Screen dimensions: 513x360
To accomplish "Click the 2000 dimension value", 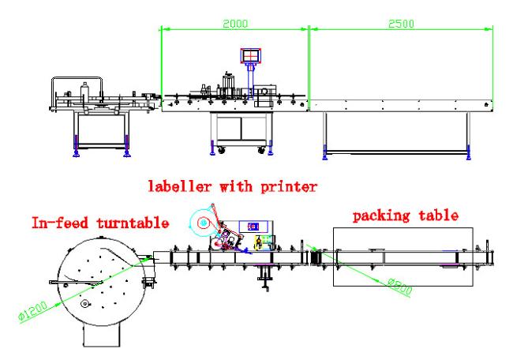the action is click(235, 24).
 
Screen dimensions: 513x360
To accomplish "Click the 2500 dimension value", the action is click(401, 24).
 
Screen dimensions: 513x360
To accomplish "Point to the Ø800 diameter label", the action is click(399, 287).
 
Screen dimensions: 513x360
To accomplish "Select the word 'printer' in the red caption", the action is click(289, 187).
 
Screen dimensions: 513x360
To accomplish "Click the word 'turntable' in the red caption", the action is click(133, 223).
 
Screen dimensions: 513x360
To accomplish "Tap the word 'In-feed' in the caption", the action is click(60, 223).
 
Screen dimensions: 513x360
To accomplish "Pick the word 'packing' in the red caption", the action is click(381, 216).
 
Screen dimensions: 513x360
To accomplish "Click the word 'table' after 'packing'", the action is click(439, 215).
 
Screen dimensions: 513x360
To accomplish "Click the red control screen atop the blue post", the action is click(251, 55).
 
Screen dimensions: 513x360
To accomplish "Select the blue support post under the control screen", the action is click(251, 81).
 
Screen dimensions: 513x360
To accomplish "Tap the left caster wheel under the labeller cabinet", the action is click(222, 150).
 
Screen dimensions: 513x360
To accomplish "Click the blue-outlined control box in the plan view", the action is click(253, 227).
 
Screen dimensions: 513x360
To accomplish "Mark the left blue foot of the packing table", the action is click(325, 152).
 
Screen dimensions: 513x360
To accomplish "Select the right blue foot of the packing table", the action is click(469, 152).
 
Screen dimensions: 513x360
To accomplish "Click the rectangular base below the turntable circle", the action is click(102, 336).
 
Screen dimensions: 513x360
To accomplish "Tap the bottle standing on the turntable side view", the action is click(84, 91).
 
